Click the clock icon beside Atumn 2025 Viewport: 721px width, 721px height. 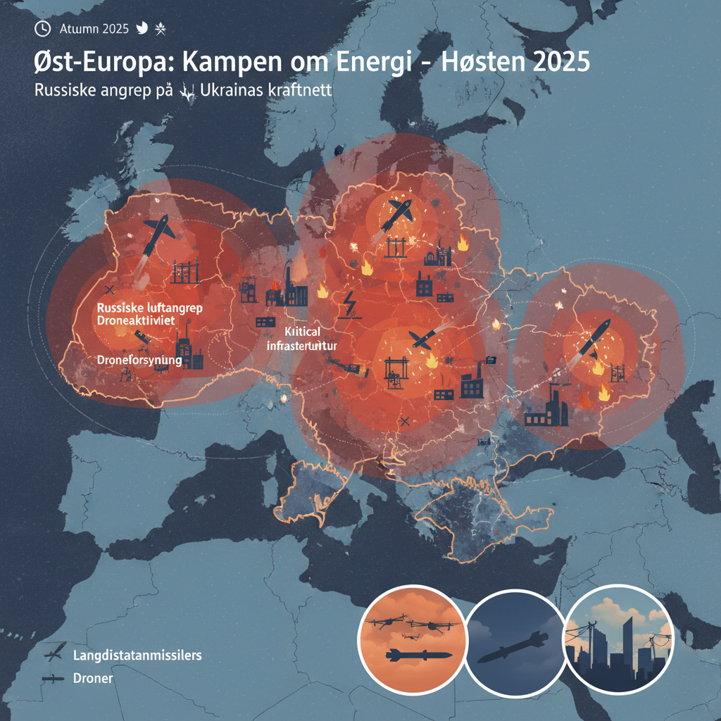43,28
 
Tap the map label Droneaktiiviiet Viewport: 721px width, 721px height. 146,320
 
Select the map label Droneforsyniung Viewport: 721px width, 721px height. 139,360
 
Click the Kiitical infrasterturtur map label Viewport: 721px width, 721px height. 303,339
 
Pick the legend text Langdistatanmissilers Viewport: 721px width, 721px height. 137,656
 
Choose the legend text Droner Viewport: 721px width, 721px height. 92,679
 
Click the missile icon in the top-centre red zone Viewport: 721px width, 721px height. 397,213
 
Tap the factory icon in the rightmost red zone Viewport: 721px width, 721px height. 546,409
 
